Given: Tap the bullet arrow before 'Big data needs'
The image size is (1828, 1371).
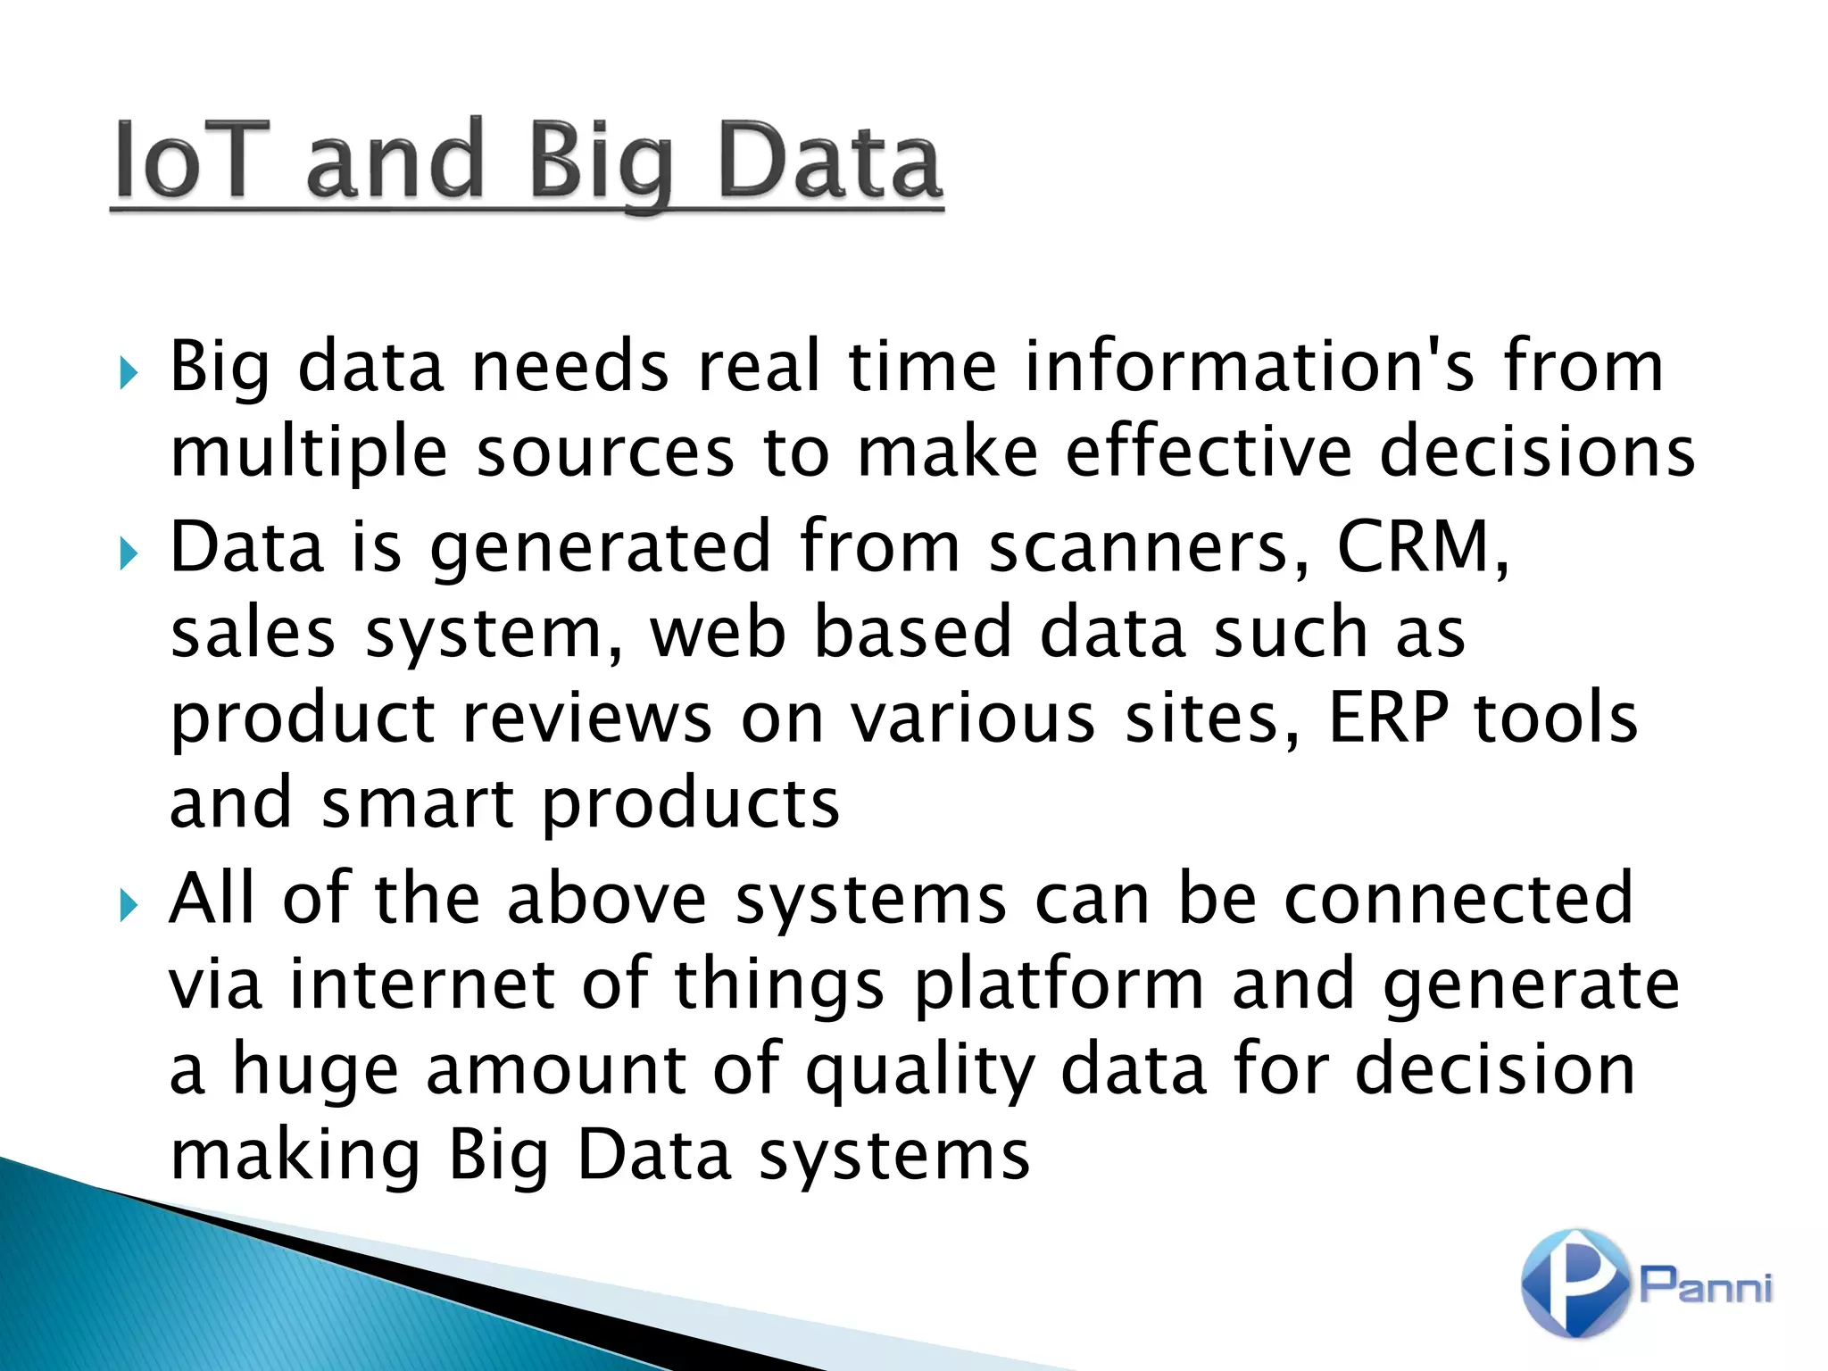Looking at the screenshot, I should [x=129, y=370].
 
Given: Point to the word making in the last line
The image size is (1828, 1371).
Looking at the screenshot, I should [x=295, y=1156].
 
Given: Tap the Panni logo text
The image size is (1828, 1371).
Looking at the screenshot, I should [x=1706, y=1285].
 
